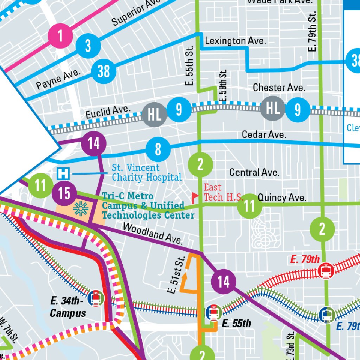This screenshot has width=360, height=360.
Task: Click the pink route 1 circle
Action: click(x=60, y=36)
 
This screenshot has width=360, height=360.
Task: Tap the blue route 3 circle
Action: click(x=88, y=46)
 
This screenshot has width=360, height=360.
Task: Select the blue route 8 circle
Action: click(x=158, y=149)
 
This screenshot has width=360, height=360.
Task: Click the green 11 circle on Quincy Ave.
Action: click(x=249, y=206)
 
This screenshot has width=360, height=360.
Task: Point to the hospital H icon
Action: click(x=64, y=173)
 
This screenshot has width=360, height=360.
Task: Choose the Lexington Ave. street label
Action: click(x=235, y=41)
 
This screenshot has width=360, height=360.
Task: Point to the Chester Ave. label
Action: click(x=279, y=88)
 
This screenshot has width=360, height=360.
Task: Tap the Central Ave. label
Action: click(x=254, y=173)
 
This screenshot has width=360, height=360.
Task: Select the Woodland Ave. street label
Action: click(x=153, y=233)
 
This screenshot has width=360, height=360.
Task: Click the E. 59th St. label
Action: click(x=223, y=86)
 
